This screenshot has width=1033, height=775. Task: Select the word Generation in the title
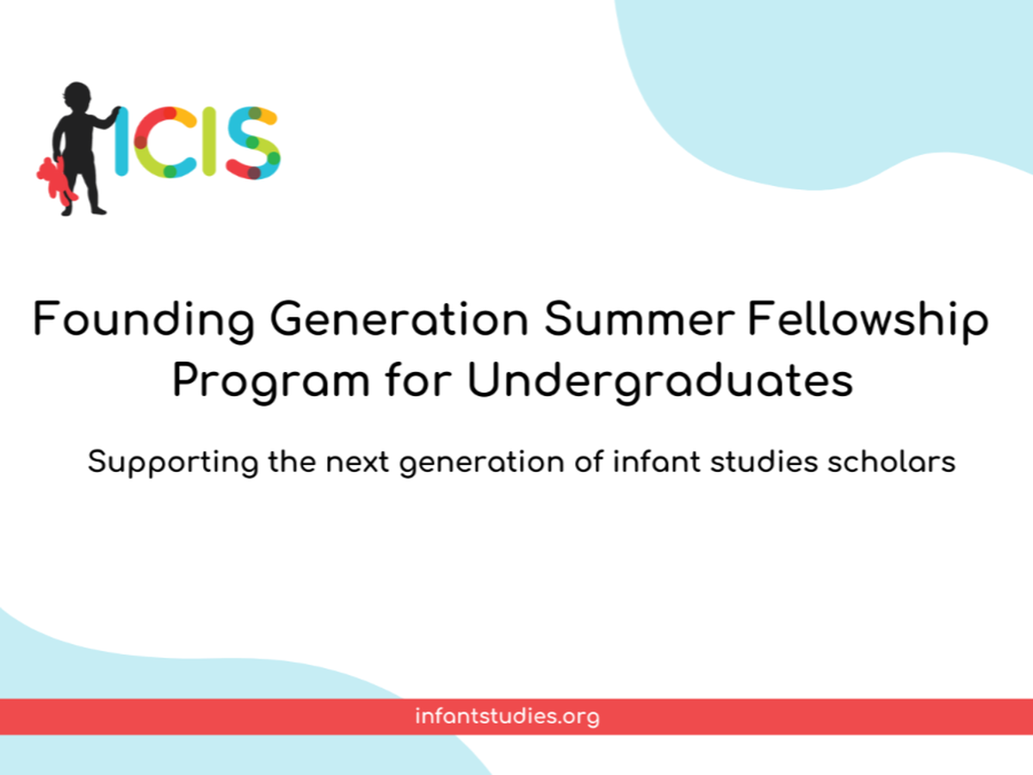click(x=399, y=319)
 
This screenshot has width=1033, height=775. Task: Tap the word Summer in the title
click(x=639, y=319)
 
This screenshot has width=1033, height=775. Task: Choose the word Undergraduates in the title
click(x=660, y=381)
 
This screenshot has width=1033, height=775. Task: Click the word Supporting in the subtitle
click(x=173, y=463)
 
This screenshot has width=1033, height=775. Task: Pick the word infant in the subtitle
click(x=657, y=462)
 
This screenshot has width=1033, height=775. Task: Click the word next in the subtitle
click(x=357, y=462)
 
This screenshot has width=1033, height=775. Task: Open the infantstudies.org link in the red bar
click(x=507, y=717)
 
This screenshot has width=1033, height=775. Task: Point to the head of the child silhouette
click(x=77, y=97)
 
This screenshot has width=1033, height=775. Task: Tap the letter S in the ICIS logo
click(x=254, y=143)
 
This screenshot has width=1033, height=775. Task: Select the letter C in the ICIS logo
click(x=164, y=142)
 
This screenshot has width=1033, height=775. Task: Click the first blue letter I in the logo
click(x=121, y=141)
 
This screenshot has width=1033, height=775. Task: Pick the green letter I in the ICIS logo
click(x=210, y=141)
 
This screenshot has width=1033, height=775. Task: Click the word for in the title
click(x=418, y=380)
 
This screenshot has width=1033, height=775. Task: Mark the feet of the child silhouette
click(x=84, y=210)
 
